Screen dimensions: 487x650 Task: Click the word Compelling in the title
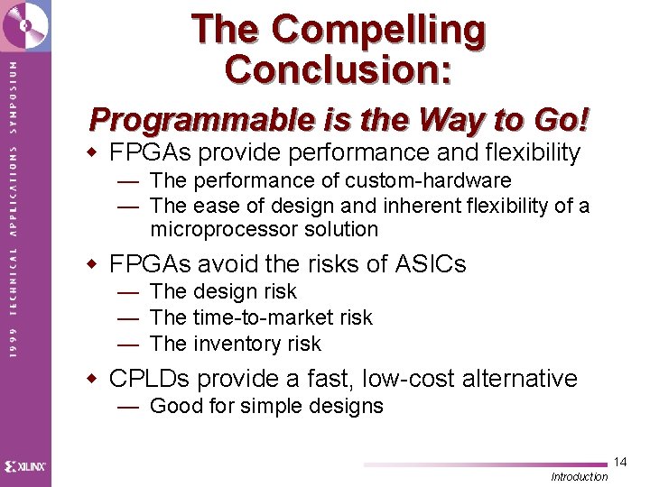click(379, 30)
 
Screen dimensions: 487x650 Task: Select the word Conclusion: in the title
click(339, 69)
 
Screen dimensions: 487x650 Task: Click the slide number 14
click(619, 463)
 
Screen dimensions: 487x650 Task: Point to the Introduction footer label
click(580, 476)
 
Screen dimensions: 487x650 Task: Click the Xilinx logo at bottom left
click(25, 466)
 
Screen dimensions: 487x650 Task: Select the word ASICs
click(431, 263)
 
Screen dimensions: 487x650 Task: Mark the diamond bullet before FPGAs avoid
click(91, 263)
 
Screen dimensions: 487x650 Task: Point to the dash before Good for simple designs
click(128, 407)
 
